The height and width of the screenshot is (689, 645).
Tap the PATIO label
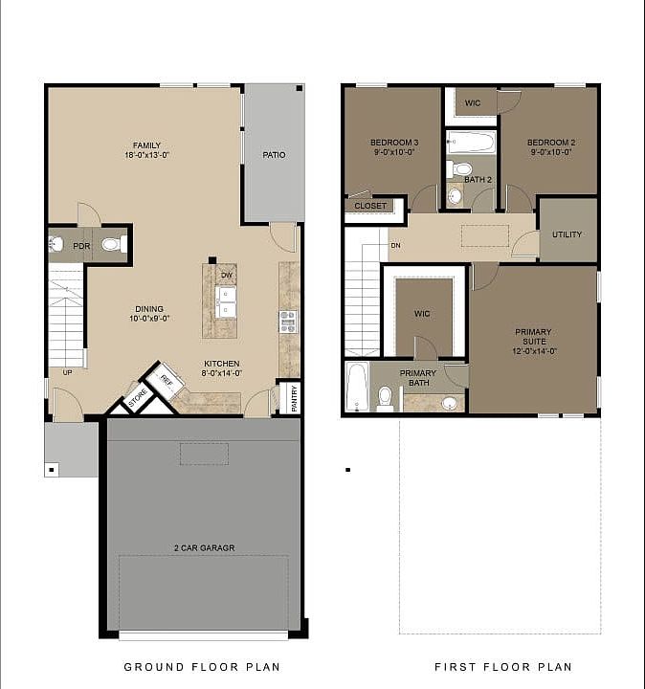tap(274, 155)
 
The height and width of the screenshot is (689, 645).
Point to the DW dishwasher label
tap(226, 276)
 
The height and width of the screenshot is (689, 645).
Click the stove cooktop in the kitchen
tap(288, 321)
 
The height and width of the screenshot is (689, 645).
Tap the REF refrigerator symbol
tap(165, 380)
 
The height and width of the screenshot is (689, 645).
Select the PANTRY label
tap(294, 399)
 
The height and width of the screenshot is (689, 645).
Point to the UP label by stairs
tap(67, 372)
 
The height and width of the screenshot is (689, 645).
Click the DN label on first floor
tap(395, 246)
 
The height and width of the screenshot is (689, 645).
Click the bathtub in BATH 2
tap(471, 144)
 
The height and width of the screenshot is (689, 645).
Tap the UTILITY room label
tap(567, 234)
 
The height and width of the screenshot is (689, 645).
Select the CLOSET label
tap(370, 206)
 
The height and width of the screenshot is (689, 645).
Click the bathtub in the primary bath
tap(358, 387)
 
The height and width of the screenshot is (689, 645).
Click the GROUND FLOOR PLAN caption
tap(202, 667)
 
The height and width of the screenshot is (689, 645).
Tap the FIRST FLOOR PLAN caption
tap(502, 667)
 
